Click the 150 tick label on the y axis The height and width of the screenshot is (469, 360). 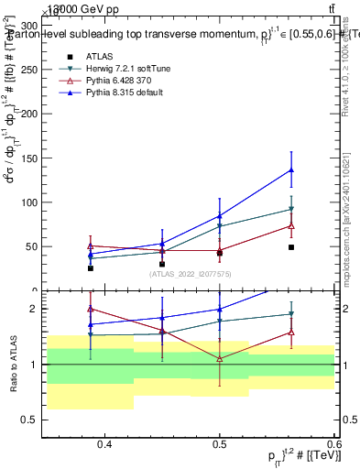34,158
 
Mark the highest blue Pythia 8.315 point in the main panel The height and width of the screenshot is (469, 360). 291,169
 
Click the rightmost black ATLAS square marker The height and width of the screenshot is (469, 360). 291,247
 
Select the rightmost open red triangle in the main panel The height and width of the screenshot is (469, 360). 291,224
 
